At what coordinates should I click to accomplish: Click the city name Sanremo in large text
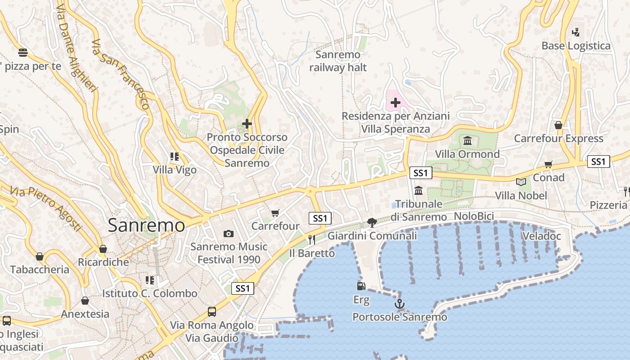tap(146, 225)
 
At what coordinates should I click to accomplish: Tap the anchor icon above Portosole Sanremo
tap(399, 304)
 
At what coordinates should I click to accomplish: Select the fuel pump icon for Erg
tap(361, 286)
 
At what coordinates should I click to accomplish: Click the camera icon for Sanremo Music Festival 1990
tap(229, 234)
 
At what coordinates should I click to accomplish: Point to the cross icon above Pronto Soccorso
tap(247, 124)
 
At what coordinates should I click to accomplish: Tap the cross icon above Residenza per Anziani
tap(395, 103)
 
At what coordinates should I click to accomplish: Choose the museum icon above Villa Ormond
tap(467, 141)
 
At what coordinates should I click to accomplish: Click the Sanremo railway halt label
tap(338, 61)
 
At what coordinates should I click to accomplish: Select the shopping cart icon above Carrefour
tap(275, 213)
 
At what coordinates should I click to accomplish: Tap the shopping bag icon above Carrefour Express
tap(558, 125)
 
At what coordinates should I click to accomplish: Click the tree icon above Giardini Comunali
tap(372, 222)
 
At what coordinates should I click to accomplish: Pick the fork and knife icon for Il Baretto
tap(311, 239)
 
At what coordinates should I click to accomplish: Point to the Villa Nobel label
tap(521, 195)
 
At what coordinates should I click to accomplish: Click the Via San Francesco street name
tap(120, 75)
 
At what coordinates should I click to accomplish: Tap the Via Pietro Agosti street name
tap(46, 209)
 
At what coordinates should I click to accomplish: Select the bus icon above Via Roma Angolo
tap(211, 311)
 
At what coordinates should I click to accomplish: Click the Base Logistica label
tap(576, 46)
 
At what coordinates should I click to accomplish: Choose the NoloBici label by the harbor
tap(474, 216)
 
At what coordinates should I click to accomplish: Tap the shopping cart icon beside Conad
tap(548, 165)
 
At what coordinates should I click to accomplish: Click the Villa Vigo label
tap(175, 170)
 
